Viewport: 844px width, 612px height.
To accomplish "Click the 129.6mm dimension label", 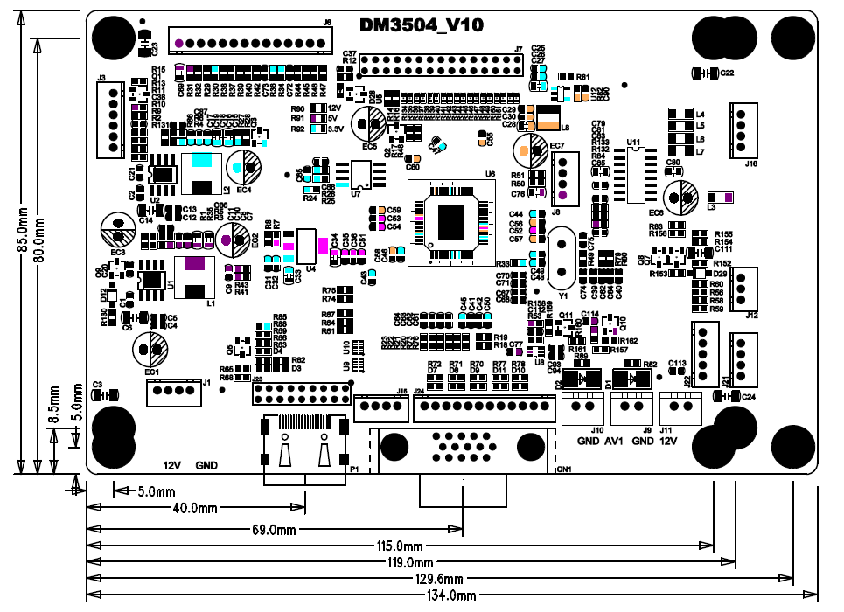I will [x=437, y=579].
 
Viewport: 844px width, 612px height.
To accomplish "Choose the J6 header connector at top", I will [x=253, y=43].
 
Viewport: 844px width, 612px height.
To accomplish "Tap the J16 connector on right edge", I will [x=745, y=130].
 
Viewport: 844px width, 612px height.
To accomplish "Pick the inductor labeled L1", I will [x=196, y=278].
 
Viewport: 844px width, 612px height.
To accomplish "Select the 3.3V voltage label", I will [x=334, y=129].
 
